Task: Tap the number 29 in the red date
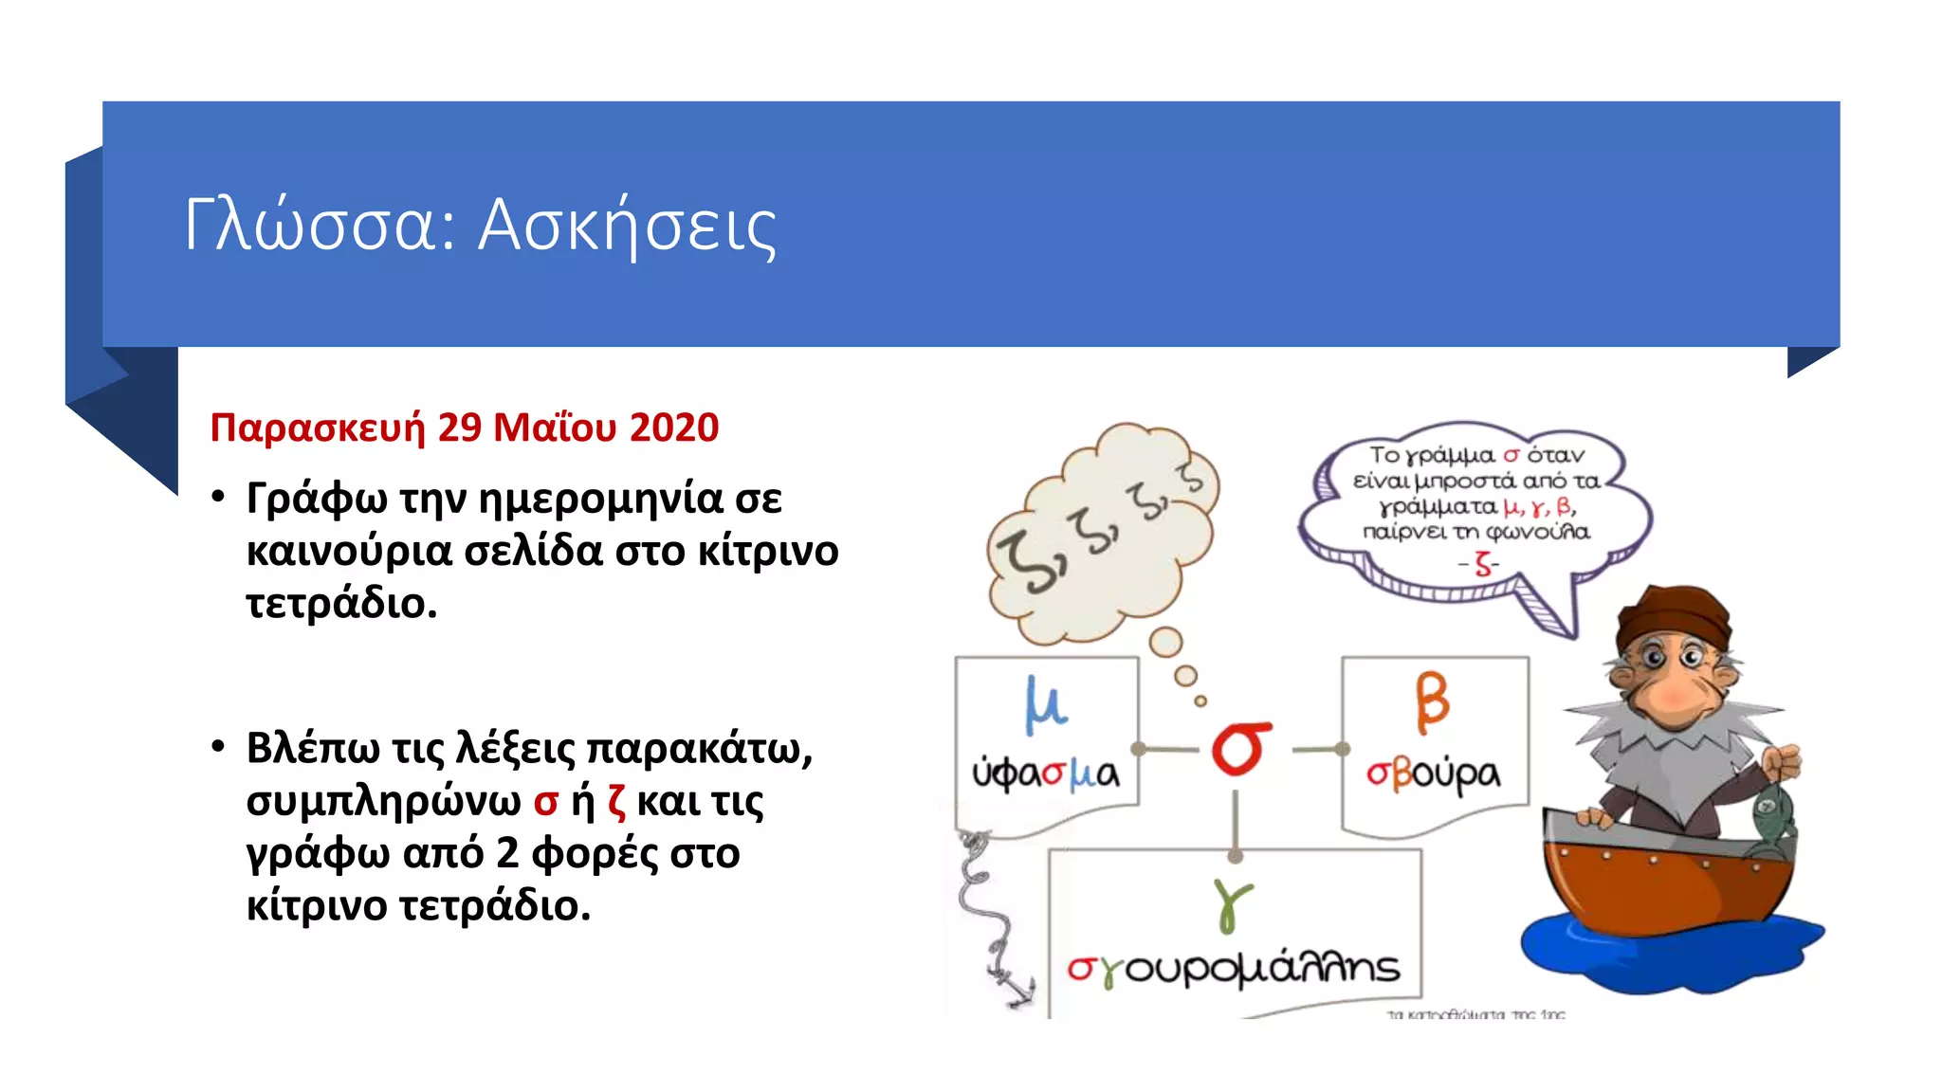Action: click(460, 428)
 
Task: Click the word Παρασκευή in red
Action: click(318, 428)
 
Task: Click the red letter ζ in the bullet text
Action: click(616, 802)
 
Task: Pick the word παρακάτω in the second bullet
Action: click(699, 748)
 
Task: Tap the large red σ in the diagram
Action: click(1241, 748)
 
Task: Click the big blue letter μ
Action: click(1045, 705)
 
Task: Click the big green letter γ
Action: click(1232, 904)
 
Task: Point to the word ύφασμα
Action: click(1045, 773)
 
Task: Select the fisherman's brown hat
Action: click(1673, 615)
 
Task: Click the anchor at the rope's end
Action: click(1017, 989)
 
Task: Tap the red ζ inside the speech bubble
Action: click(1483, 565)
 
